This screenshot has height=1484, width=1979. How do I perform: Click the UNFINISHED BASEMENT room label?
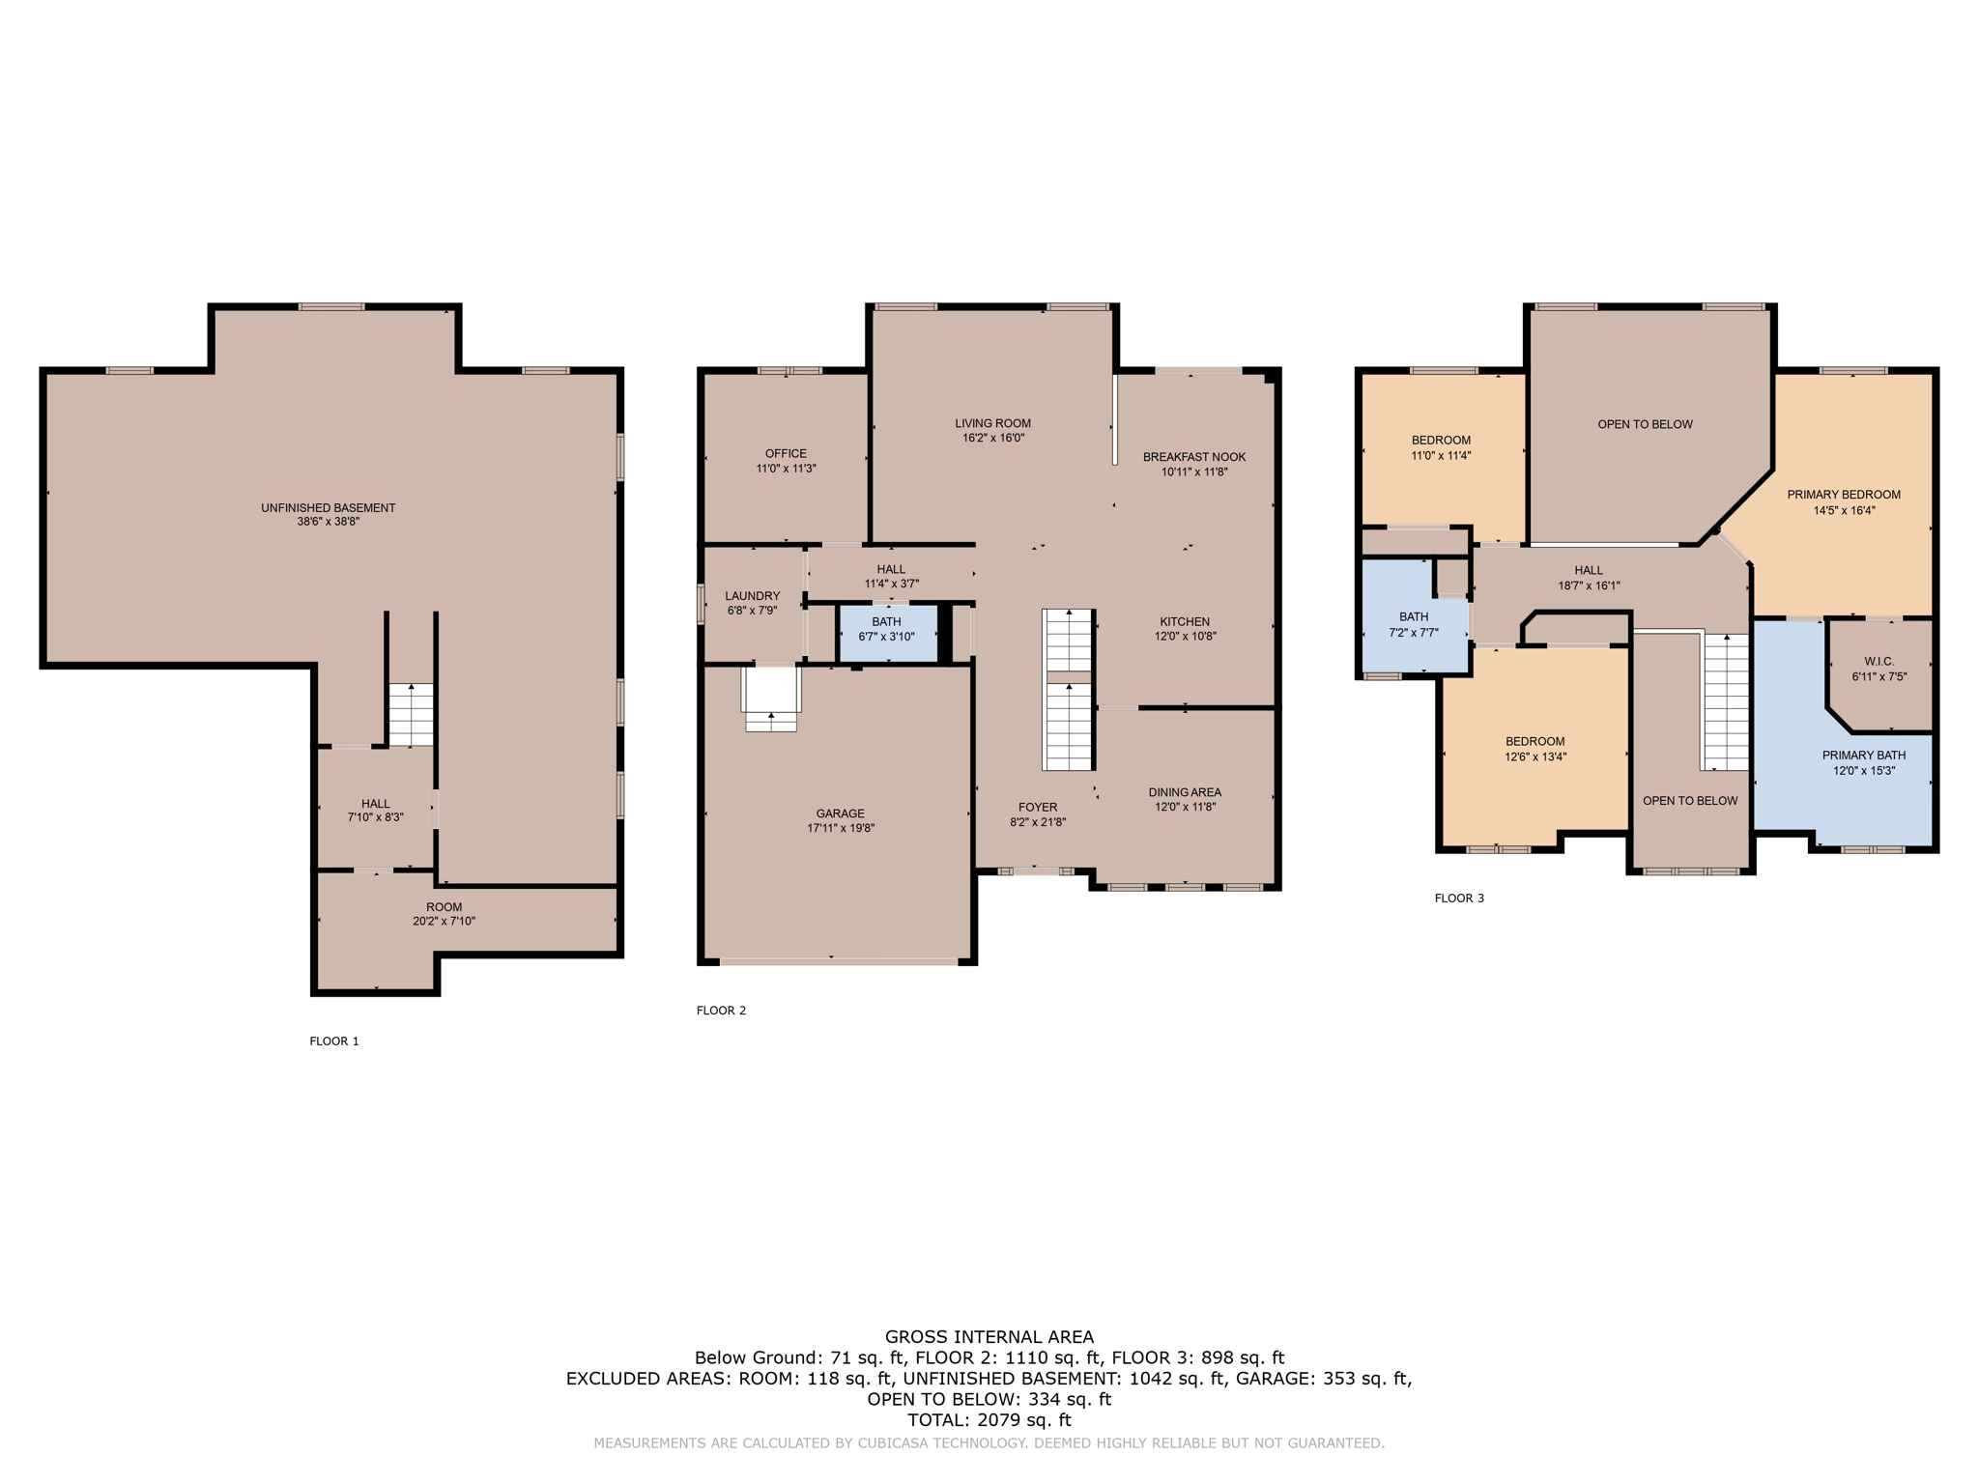pos(329,507)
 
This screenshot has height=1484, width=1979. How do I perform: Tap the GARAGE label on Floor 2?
pos(840,813)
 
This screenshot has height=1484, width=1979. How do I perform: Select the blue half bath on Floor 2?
pos(888,633)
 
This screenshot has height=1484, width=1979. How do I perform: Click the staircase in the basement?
pos(411,715)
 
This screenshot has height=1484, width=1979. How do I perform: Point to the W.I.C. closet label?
pos(1879,662)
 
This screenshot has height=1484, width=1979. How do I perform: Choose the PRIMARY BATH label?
pos(1864,756)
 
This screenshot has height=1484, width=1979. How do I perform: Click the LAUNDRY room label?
pos(752,596)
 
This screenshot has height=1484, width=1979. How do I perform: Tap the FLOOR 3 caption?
pos(1459,899)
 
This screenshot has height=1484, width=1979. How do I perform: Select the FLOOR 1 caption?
pos(334,1041)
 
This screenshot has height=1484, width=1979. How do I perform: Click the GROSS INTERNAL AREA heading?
pos(989,1337)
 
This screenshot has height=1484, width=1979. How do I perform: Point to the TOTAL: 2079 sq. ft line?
pos(989,1420)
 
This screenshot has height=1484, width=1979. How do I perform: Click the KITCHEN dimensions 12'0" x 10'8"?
pos(1185,637)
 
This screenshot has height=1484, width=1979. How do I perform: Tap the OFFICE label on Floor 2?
pos(786,453)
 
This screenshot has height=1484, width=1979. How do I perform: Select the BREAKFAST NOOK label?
pos(1194,457)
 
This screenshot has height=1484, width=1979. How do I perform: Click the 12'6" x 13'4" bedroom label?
pos(1535,757)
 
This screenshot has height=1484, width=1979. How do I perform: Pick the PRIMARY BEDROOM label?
pos(1844,495)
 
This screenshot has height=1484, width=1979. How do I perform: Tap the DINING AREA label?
pos(1185,792)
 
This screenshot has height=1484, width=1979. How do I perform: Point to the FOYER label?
pos(1038,807)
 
